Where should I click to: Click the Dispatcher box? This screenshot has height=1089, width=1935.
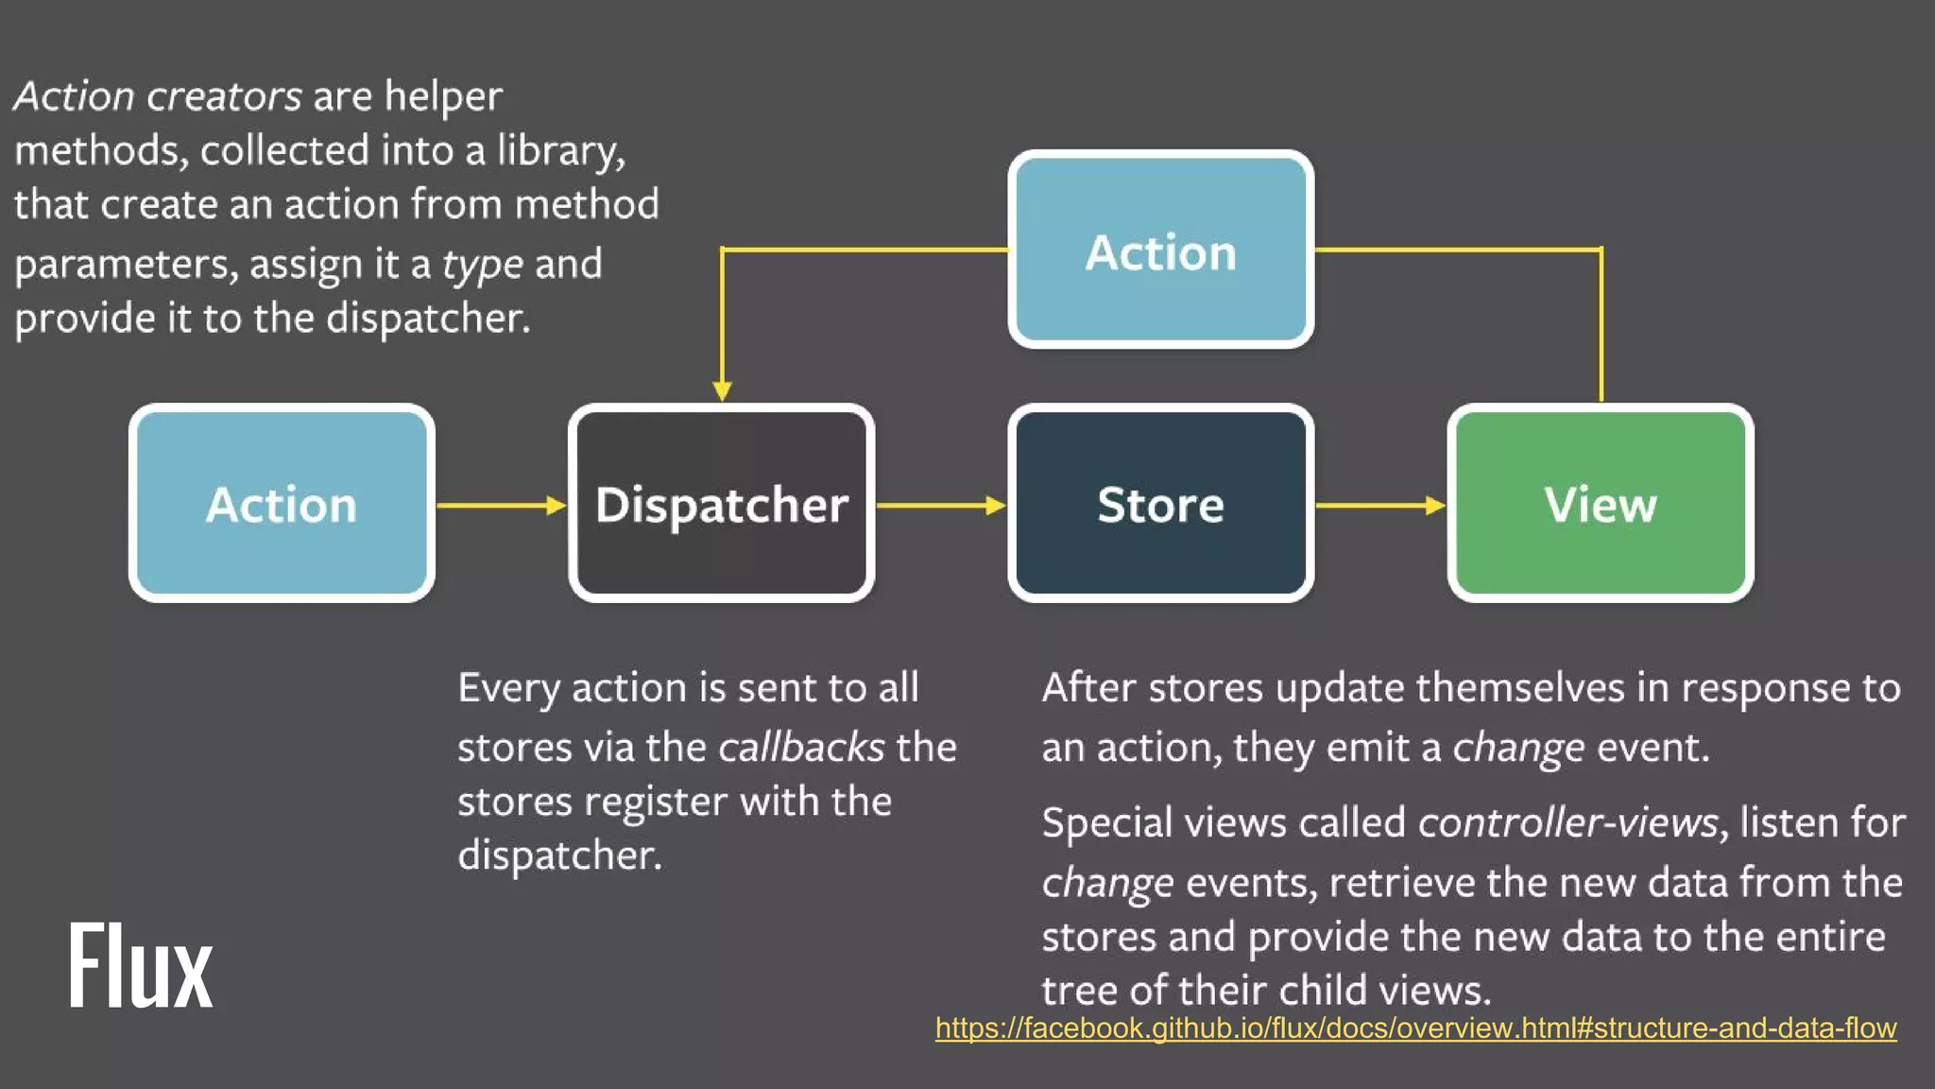pos(721,503)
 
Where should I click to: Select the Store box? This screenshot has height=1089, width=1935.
pos(1160,503)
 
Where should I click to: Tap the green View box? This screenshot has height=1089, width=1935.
pos(1600,503)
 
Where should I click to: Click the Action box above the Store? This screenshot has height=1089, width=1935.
pos(1160,251)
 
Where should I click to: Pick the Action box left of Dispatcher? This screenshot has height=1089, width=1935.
pos(282,503)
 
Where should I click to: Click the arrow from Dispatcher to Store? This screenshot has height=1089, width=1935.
pos(940,505)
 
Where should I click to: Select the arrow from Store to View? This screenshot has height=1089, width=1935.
pos(1379,505)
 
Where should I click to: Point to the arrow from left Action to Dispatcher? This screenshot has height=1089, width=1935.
pos(501,505)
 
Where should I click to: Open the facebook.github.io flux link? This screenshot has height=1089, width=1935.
pos(1415,1028)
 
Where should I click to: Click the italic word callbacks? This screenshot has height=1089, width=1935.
pos(800,747)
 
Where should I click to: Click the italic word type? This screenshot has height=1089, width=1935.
pos(482,264)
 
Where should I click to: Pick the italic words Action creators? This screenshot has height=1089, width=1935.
pos(158,95)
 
